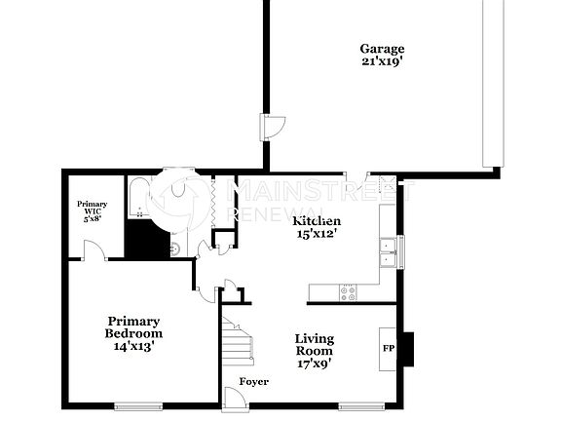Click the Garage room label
(x=382, y=49)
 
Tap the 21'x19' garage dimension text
(x=382, y=60)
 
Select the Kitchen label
(x=317, y=221)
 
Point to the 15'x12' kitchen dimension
(x=317, y=234)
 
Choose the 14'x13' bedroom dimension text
(x=133, y=345)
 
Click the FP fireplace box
(x=388, y=348)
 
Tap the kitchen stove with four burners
(x=348, y=290)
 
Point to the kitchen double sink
(x=389, y=251)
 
